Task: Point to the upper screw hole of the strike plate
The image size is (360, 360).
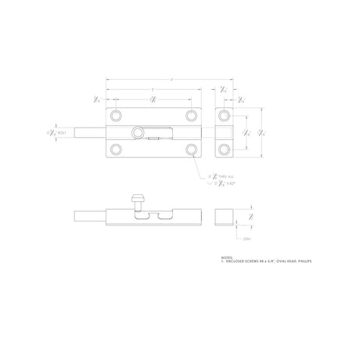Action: click(225, 117)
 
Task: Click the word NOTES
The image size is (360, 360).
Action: click(228, 257)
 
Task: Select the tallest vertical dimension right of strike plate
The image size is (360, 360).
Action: click(263, 132)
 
